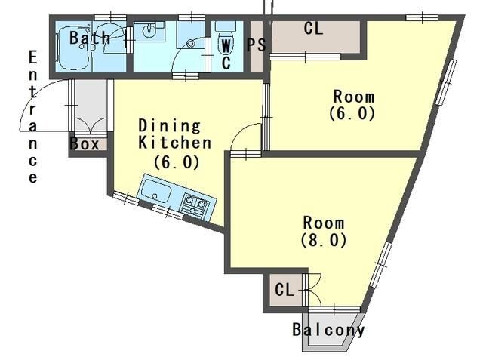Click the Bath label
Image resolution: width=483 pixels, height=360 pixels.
click(x=89, y=38)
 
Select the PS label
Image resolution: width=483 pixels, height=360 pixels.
click(x=256, y=45)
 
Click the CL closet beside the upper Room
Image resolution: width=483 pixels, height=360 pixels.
click(x=315, y=36)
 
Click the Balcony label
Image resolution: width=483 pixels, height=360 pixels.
click(x=328, y=330)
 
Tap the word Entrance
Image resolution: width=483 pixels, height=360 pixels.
click(x=33, y=117)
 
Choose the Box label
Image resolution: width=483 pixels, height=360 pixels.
click(x=85, y=144)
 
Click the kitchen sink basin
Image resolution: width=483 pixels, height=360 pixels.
click(x=157, y=191)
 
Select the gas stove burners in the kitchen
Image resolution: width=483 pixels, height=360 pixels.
click(x=195, y=205)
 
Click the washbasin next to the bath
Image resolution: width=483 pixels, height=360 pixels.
click(x=149, y=30)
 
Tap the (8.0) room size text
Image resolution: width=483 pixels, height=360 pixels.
click(x=324, y=240)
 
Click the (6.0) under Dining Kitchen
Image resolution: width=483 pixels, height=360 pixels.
click(x=177, y=162)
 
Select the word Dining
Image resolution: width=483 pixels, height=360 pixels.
click(x=169, y=125)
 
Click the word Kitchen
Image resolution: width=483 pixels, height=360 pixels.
click(x=174, y=143)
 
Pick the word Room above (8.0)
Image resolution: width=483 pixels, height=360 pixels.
click(x=324, y=223)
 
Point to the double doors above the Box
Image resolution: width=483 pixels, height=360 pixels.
click(x=91, y=125)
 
